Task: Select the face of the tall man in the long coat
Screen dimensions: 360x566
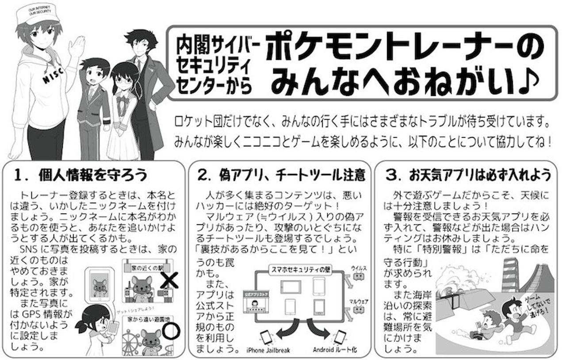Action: click(x=141, y=46)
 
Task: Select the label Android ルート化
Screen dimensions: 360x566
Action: click(x=335, y=350)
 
